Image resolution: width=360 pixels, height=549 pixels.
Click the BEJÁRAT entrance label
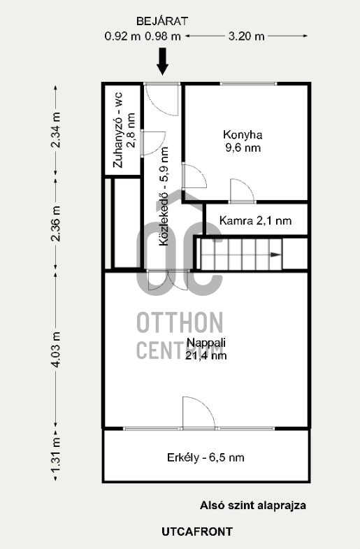(x=162, y=22)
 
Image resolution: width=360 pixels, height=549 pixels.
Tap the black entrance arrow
(x=162, y=62)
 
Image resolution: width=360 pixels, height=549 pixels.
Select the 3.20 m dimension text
(x=246, y=36)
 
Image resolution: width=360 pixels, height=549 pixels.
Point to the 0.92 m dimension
(x=122, y=36)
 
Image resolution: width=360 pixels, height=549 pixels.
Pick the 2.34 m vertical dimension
(x=56, y=130)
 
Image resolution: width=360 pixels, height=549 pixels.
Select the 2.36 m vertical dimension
(x=56, y=224)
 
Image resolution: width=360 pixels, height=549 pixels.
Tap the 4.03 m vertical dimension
(x=56, y=350)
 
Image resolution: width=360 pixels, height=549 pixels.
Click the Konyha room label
(x=243, y=134)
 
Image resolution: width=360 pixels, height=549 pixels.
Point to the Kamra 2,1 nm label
(x=255, y=220)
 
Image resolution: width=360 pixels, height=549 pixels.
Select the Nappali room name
(x=206, y=342)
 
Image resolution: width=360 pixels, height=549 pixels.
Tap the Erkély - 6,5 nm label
(x=206, y=457)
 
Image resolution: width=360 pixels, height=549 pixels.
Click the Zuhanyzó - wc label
(x=118, y=129)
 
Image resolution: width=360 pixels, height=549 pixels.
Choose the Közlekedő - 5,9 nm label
(x=164, y=196)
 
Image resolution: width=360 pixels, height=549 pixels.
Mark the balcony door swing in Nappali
(x=199, y=413)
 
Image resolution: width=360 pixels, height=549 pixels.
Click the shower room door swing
(x=154, y=143)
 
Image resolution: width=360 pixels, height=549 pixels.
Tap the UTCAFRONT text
(x=197, y=532)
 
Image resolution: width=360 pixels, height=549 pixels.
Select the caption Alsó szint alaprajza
(x=253, y=505)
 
